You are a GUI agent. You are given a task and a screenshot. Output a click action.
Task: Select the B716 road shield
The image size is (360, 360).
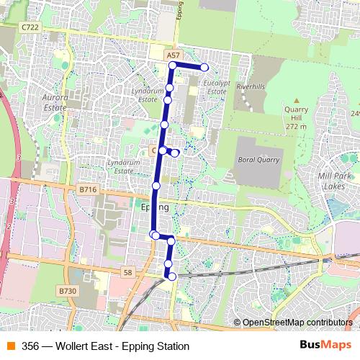coord(87,189)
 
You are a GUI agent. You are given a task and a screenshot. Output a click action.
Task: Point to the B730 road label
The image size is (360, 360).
coord(67,291)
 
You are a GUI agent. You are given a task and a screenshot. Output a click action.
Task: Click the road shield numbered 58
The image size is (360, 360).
coord(128,271)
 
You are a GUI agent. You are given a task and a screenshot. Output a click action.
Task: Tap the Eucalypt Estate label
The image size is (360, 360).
coord(216,87)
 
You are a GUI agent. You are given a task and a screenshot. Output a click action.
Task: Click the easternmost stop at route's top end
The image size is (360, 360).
coord(204,68)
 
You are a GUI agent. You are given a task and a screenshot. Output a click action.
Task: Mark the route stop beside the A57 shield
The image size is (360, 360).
coord(173,66)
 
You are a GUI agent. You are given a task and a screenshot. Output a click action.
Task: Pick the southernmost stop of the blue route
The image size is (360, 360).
coord(171,276)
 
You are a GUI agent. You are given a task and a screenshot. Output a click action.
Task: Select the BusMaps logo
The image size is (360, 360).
coord(325,346)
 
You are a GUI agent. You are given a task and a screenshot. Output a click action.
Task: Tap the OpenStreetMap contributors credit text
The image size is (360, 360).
coord(297,322)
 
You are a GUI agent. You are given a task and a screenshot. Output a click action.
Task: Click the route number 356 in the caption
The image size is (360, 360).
coord(31,346)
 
